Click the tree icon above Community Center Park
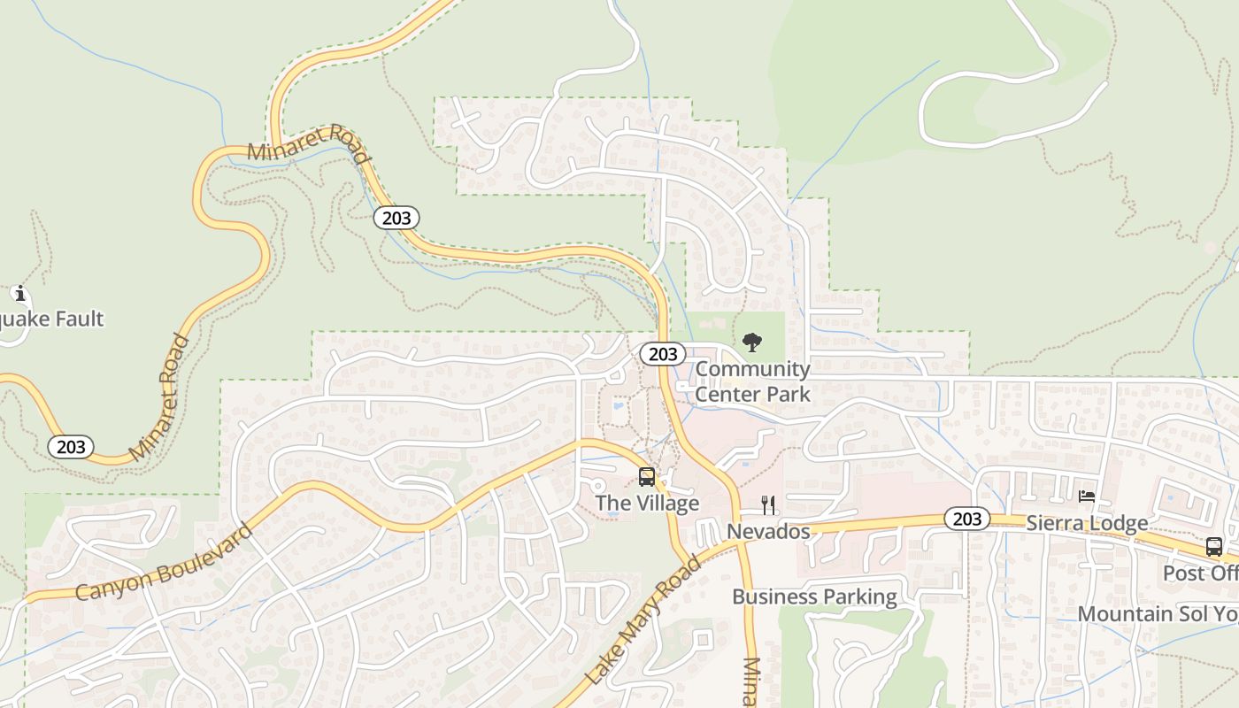point(752,342)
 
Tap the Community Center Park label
point(752,381)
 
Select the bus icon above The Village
point(647,477)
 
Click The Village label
point(647,504)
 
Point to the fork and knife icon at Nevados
point(768,505)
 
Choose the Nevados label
point(768,531)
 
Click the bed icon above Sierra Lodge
point(1087,496)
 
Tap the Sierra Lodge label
point(1087,523)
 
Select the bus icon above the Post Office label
point(1214,547)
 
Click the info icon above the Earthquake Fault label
point(19,293)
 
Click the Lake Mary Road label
point(643,620)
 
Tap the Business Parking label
point(814,596)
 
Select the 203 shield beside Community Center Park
point(662,354)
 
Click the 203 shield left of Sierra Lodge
point(966,519)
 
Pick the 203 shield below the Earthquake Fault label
point(71,446)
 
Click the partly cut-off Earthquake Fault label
point(52,319)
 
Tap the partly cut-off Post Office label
point(1200,573)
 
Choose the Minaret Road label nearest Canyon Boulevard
point(159,397)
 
